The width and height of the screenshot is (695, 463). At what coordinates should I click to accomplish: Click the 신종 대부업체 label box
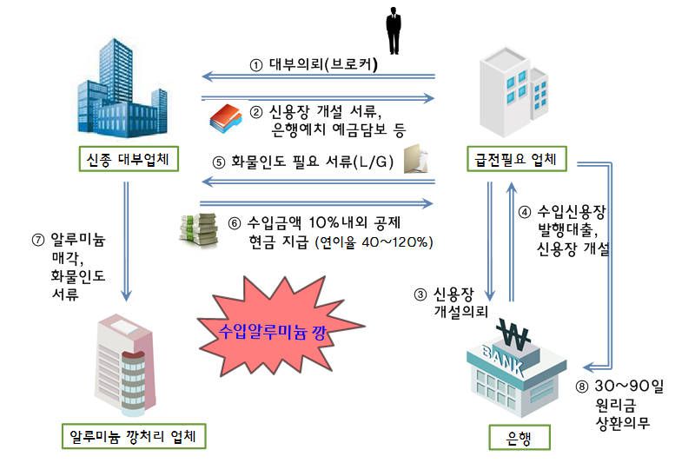pyautogui.click(x=128, y=160)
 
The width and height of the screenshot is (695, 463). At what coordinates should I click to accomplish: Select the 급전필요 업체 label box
pyautogui.click(x=517, y=160)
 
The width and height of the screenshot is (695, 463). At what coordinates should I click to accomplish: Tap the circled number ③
pyautogui.click(x=420, y=294)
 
